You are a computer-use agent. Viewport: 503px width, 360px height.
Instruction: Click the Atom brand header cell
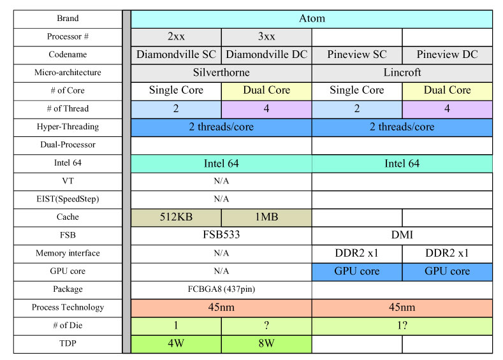(x=312, y=19)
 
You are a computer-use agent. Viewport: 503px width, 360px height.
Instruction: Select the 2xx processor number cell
(x=176, y=37)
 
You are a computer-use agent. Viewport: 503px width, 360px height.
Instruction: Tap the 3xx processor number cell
(x=266, y=37)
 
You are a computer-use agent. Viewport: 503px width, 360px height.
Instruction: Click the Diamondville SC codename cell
(x=176, y=55)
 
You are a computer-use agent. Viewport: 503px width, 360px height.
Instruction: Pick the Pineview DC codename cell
(x=447, y=55)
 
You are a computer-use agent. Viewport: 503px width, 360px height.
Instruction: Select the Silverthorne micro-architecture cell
(x=221, y=73)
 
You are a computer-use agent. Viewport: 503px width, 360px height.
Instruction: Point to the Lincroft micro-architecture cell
(x=402, y=73)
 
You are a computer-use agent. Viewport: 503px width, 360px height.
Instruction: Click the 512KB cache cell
(x=176, y=218)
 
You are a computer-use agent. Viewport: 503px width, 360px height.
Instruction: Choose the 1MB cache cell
(x=266, y=218)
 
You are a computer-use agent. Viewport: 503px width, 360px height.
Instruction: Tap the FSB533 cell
(x=221, y=236)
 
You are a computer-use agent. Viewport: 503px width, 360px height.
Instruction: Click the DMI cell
(x=402, y=236)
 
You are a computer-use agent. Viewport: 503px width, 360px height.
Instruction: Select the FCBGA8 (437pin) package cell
(x=221, y=290)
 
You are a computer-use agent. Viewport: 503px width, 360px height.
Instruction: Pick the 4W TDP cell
(x=176, y=344)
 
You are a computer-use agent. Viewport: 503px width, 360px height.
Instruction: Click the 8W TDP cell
(x=266, y=344)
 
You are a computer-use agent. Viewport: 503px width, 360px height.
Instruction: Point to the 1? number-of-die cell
(x=402, y=326)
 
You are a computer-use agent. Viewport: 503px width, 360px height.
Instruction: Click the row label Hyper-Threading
(x=68, y=127)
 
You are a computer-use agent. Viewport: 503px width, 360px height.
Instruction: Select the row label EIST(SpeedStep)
(x=68, y=199)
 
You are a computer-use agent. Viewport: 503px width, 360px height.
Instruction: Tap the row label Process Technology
(x=68, y=308)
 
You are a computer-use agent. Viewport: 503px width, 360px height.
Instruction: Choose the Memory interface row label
(x=68, y=254)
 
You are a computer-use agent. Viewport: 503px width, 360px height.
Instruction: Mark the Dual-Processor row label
(x=68, y=145)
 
